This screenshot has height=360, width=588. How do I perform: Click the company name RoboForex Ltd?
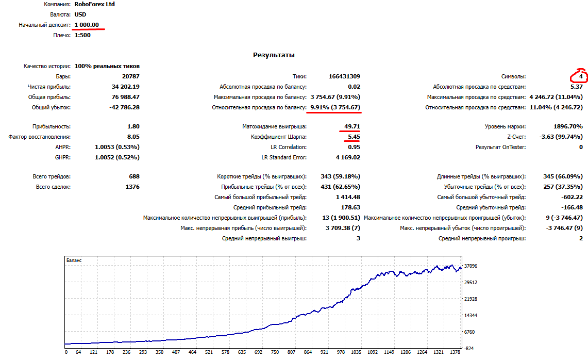94,4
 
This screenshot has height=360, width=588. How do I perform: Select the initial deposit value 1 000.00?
87,25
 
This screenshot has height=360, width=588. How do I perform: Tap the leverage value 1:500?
82,35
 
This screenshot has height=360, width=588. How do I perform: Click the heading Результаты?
274,55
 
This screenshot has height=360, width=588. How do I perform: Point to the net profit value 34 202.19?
126,87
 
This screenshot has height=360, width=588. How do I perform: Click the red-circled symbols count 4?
581,76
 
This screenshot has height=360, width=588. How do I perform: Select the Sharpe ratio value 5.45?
354,137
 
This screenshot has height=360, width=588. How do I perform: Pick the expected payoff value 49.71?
352,126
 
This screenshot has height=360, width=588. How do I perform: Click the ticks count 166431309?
344,76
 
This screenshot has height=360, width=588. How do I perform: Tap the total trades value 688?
135,176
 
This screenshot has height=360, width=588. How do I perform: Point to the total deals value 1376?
132,187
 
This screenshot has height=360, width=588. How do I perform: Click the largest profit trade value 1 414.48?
348,197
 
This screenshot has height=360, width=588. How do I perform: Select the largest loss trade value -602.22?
572,197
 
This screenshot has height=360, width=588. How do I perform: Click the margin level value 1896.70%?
568,126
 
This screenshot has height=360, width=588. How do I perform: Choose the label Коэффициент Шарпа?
279,137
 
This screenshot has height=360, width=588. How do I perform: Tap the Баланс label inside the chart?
74,260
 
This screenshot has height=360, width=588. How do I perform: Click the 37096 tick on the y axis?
471,266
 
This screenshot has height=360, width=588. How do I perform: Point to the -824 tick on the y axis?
469,348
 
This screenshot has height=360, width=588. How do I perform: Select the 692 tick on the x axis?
258,352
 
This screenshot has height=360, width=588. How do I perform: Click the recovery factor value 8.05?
133,137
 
